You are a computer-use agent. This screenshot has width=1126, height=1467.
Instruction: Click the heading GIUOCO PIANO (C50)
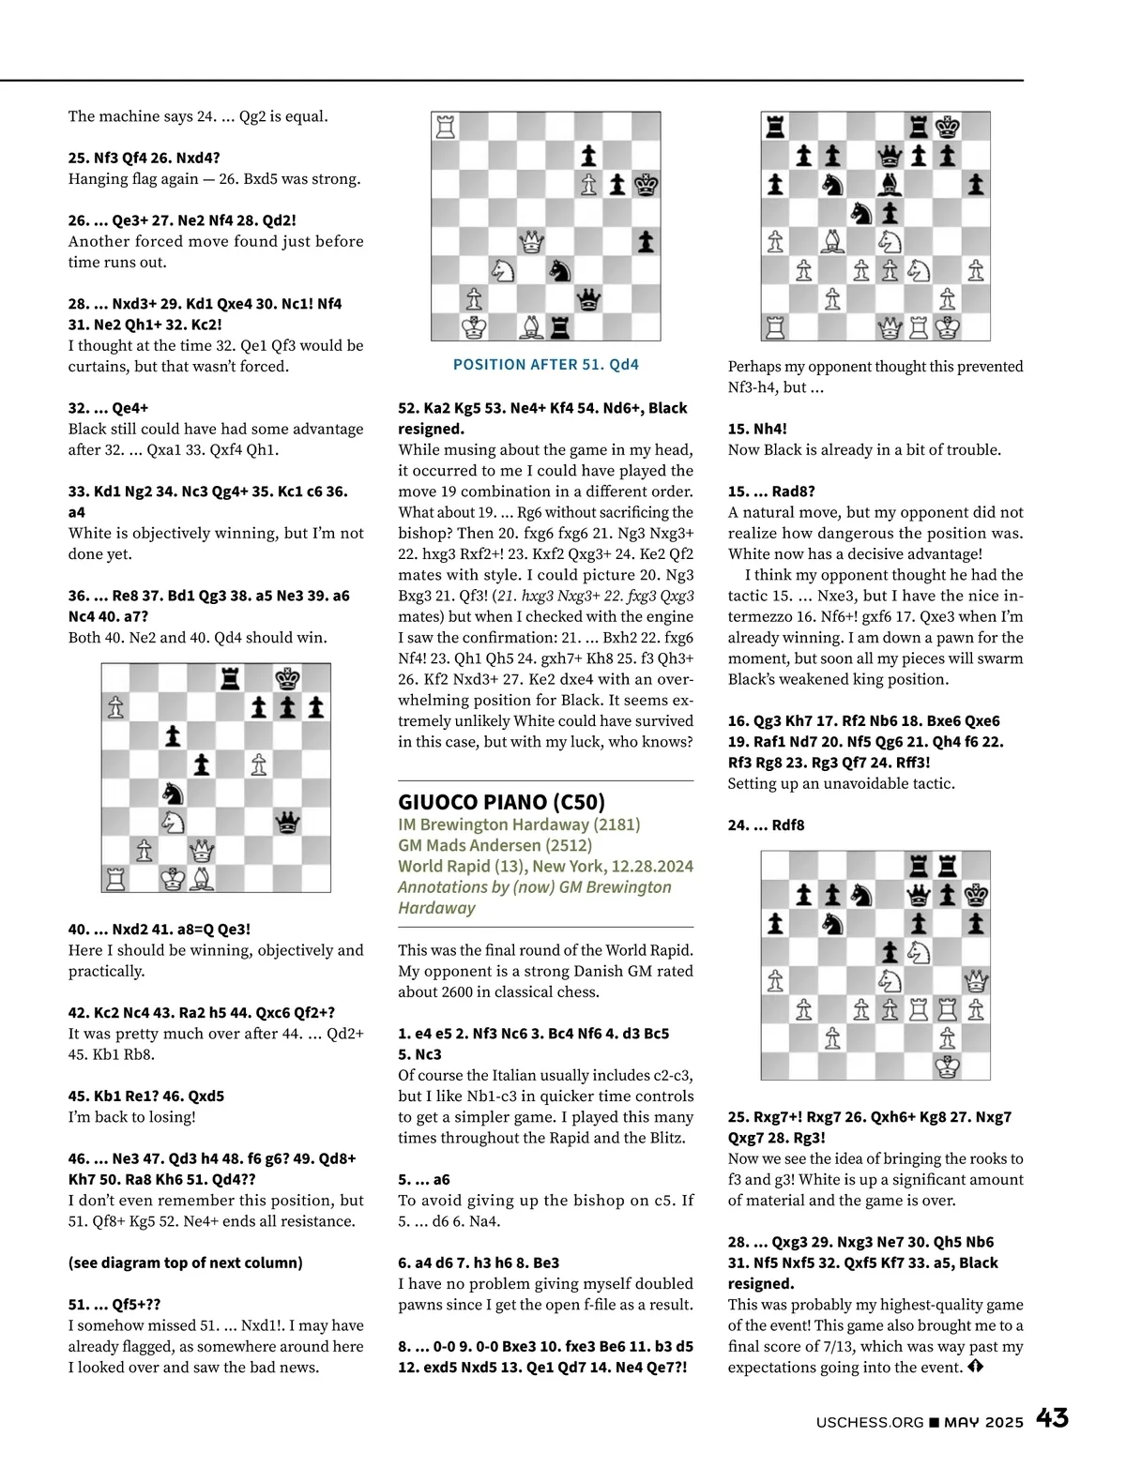click(x=501, y=802)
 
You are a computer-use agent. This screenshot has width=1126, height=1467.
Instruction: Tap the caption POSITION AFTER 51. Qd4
click(x=545, y=365)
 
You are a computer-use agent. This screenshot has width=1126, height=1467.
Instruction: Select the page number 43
click(x=1052, y=1418)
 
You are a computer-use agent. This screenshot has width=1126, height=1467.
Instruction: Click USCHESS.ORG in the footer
click(x=870, y=1422)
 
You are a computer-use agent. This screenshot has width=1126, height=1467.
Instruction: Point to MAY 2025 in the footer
click(x=983, y=1422)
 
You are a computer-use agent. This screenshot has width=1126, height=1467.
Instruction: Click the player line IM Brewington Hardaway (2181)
click(x=519, y=824)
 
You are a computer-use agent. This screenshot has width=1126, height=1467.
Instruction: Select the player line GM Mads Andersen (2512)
click(x=495, y=845)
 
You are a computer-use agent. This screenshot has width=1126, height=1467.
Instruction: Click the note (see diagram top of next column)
click(x=185, y=1263)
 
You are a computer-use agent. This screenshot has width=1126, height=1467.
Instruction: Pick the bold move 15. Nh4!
click(x=757, y=429)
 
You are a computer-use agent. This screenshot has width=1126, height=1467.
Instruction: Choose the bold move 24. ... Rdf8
click(x=766, y=825)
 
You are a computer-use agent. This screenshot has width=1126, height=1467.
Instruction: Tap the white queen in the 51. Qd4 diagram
click(x=532, y=242)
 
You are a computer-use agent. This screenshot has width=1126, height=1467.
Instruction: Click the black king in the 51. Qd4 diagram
click(x=646, y=185)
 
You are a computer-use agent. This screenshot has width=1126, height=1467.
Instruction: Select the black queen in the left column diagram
click(x=287, y=823)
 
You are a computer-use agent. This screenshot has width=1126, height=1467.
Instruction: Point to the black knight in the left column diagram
click(x=173, y=794)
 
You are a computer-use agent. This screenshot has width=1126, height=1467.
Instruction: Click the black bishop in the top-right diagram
click(x=890, y=185)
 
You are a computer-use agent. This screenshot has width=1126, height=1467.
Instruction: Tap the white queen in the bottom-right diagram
click(x=976, y=981)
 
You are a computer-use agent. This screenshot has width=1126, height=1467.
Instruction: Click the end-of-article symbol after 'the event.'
click(x=975, y=1367)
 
